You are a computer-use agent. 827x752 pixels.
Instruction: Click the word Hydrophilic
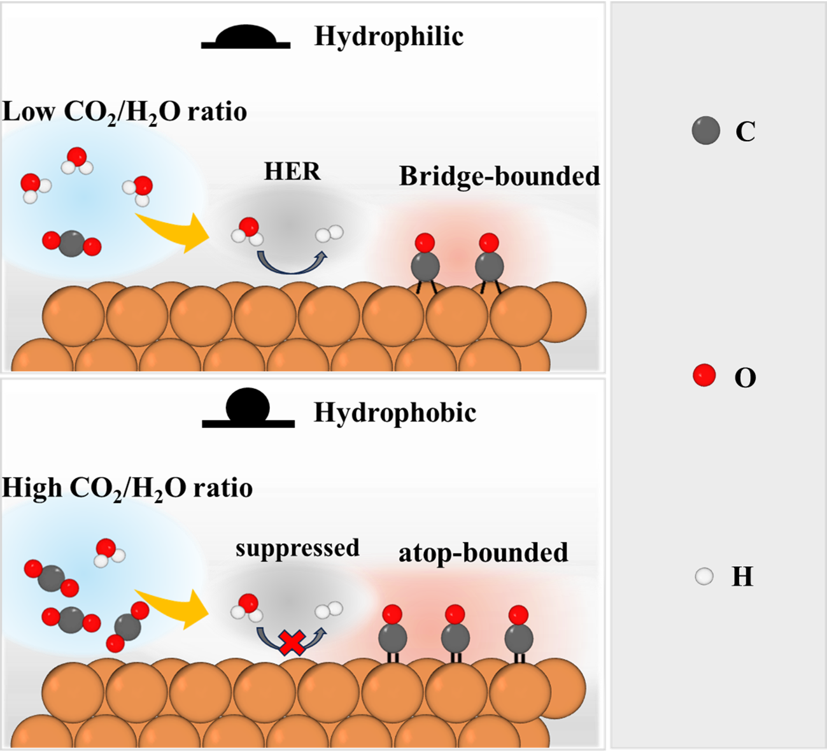(x=388, y=37)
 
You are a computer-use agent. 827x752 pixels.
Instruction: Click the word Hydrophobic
(x=395, y=413)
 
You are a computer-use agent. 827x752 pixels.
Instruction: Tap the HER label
(x=292, y=171)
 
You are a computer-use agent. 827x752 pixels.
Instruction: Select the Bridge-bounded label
(x=499, y=176)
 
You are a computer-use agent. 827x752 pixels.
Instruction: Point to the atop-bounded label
(x=483, y=553)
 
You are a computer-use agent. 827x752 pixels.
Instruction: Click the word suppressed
(x=297, y=548)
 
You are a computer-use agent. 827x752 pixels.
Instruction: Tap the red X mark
(x=292, y=642)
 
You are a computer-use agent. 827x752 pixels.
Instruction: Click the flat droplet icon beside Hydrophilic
(x=246, y=38)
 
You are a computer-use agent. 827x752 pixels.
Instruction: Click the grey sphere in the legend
(x=705, y=131)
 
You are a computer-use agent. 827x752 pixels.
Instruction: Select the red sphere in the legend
(x=704, y=375)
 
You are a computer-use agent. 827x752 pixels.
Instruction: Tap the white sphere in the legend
(x=704, y=577)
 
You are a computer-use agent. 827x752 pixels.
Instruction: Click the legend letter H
(x=742, y=577)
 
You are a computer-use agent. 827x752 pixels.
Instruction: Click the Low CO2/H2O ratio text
(x=125, y=112)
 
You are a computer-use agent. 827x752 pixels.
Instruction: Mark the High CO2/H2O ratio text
(x=127, y=488)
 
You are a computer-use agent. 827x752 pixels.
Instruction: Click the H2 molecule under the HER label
(x=329, y=234)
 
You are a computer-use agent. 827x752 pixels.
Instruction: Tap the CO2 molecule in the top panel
(x=71, y=243)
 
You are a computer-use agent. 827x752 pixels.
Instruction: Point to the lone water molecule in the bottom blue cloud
(x=108, y=552)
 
